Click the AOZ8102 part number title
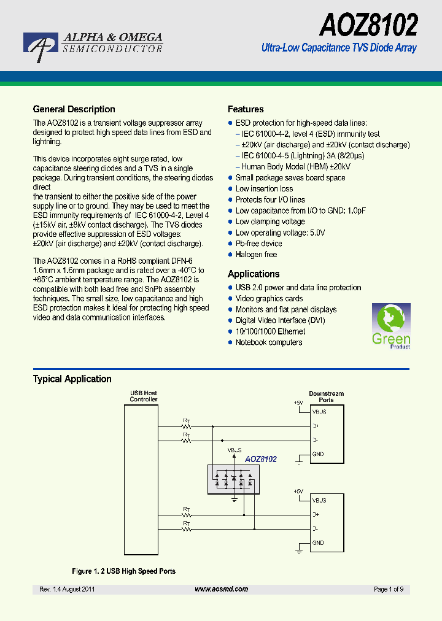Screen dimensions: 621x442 (368, 25)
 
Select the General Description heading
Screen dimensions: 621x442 (74, 109)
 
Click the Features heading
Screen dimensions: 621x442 (246, 109)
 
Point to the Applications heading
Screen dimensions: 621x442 (254, 274)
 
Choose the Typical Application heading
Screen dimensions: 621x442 (72, 379)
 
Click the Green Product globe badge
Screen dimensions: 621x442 (391, 326)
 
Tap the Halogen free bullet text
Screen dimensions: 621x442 (256, 255)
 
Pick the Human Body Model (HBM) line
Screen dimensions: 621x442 (296, 166)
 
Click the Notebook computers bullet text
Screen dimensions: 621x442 (269, 342)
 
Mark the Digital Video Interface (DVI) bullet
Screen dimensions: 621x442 (280, 320)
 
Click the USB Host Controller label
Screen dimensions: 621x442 (143, 396)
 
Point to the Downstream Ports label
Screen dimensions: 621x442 (326, 396)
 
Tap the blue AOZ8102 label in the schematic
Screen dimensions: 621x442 (261, 459)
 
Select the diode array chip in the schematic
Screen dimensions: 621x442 (234, 479)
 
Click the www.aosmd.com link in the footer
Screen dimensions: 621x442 (221, 589)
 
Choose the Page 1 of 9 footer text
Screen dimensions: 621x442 (389, 589)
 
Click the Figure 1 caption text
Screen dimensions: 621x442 (123, 571)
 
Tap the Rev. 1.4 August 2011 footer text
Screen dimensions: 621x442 (67, 589)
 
